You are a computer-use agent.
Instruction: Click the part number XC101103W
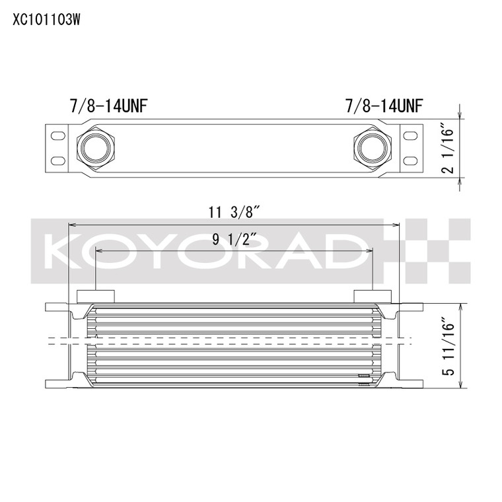(x=46, y=20)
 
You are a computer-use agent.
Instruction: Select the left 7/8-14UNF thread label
(x=108, y=106)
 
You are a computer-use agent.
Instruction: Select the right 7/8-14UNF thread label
(x=384, y=106)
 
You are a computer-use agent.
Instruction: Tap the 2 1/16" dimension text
(x=448, y=147)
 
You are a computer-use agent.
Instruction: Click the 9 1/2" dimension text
(x=234, y=239)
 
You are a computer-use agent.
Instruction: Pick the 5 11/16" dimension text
(x=448, y=346)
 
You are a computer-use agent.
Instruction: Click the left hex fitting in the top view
(x=95, y=148)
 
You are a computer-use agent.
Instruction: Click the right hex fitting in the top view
(x=373, y=148)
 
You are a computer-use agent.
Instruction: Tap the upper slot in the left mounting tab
(x=58, y=135)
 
